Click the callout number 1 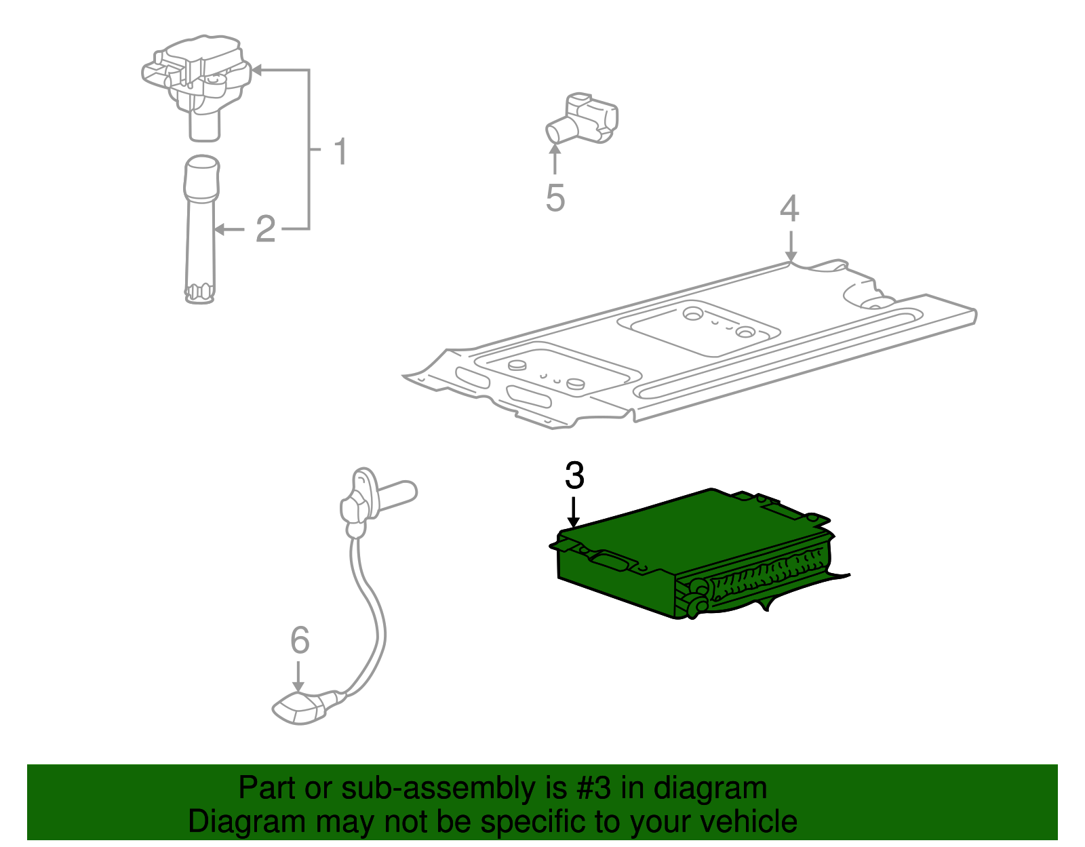coord(340,151)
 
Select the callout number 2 coord(265,229)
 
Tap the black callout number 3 coord(574,475)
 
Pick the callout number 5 coord(555,197)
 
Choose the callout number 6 coord(300,640)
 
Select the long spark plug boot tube coord(201,231)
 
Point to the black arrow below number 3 coord(574,512)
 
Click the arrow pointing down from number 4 coord(790,245)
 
